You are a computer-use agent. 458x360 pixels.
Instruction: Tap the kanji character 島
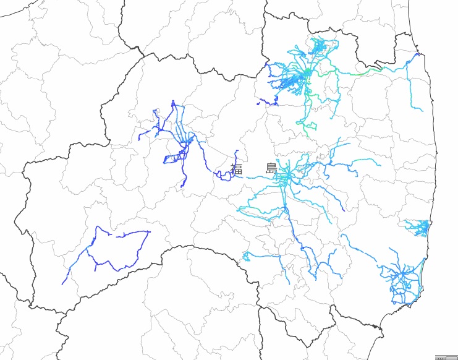pos(271,168)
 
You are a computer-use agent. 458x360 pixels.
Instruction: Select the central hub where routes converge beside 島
pos(286,177)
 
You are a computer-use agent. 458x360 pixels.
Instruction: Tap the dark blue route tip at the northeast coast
pos(419,54)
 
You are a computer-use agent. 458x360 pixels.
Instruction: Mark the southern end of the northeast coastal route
pos(422,109)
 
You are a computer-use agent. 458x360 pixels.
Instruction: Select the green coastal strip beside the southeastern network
pos(420,272)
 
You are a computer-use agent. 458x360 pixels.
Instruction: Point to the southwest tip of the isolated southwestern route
pos(63,283)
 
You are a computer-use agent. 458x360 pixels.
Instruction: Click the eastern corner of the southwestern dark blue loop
pos(149,232)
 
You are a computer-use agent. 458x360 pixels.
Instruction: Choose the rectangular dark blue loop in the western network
pos(174,157)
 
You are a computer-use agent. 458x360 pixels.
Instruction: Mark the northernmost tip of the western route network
pos(173,101)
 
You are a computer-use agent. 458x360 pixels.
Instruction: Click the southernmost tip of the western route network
pos(184,186)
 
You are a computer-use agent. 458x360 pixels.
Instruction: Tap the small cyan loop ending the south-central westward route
pos(246,255)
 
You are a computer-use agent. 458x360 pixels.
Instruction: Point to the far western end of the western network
pos(138,139)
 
